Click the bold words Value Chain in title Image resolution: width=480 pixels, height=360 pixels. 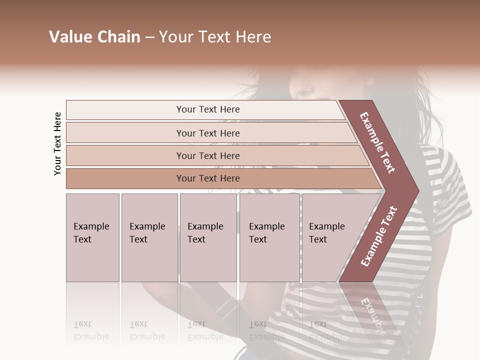[x=94, y=37]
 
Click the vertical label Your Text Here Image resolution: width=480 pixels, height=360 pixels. [x=57, y=143]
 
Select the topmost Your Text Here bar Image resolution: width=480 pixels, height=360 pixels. [x=208, y=109]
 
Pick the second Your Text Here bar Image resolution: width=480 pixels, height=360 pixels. [x=208, y=133]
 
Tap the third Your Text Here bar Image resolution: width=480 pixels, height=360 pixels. [x=208, y=155]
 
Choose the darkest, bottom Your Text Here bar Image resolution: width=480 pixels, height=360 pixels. [x=208, y=178]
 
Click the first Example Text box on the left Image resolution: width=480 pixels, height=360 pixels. [x=92, y=237]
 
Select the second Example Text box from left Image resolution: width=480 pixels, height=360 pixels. [x=149, y=237]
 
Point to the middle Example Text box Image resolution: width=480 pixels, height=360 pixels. [x=208, y=237]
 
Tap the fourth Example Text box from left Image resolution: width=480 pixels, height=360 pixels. [x=269, y=237]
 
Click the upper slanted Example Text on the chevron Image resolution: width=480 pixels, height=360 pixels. [x=378, y=142]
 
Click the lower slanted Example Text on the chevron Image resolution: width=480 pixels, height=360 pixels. [x=379, y=236]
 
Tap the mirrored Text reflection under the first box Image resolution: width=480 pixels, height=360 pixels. [x=82, y=324]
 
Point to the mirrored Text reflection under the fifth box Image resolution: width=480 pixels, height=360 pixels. [x=318, y=324]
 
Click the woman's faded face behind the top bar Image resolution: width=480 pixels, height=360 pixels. [x=307, y=85]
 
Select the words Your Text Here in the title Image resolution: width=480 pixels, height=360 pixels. [x=215, y=37]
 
